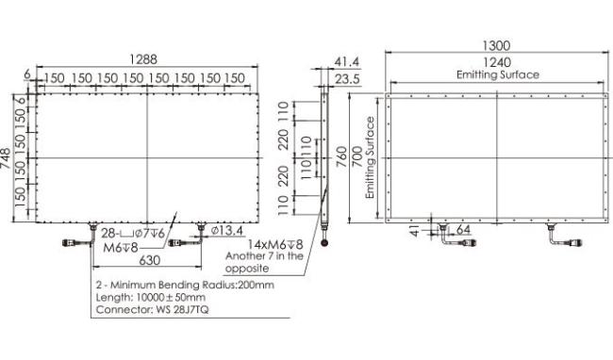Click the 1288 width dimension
[143, 59]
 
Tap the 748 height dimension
[6, 158]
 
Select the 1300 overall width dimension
[496, 45]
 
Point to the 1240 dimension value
[497, 62]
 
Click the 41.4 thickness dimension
[347, 61]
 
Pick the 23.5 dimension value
[347, 79]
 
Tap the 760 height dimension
[342, 157]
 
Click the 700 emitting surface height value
[356, 157]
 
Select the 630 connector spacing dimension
[150, 260]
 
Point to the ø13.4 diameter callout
[227, 231]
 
